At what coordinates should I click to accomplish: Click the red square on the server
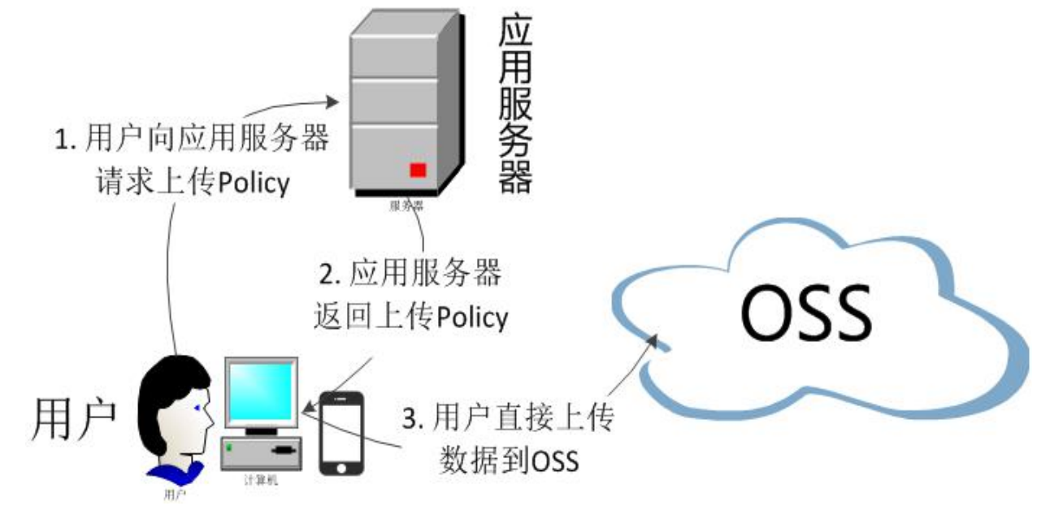[x=418, y=170]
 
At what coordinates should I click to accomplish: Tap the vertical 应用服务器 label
[x=514, y=106]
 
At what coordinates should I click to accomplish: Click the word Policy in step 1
[x=253, y=184]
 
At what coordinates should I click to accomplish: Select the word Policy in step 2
[x=471, y=318]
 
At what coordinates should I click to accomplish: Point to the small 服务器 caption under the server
[x=406, y=206]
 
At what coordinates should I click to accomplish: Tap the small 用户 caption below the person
[x=175, y=492]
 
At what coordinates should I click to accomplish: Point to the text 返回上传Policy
[x=410, y=318]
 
